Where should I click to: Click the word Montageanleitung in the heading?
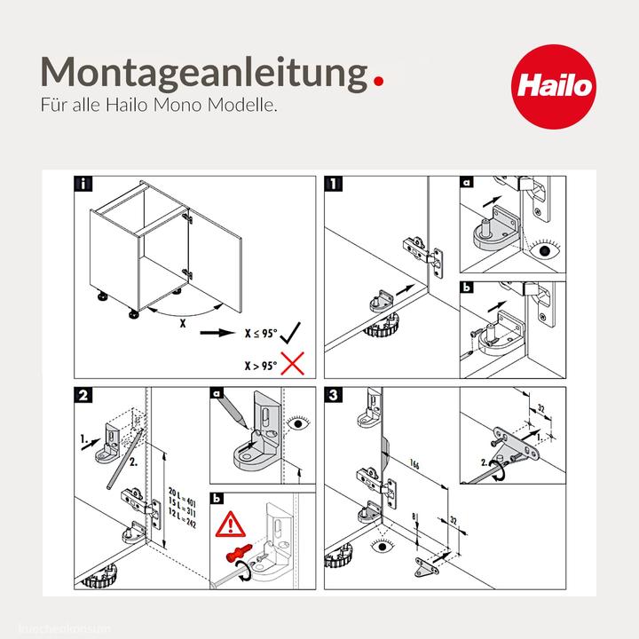(203, 70)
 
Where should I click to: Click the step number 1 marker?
(332, 185)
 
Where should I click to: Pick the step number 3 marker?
(332, 396)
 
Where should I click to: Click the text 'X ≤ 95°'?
(261, 335)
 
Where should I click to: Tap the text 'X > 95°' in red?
(261, 364)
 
